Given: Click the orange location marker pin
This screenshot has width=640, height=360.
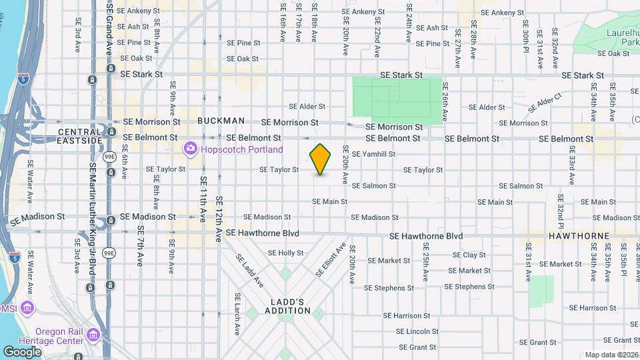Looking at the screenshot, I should coord(321,159).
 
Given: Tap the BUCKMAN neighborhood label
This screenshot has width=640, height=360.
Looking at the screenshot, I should coord(221,121).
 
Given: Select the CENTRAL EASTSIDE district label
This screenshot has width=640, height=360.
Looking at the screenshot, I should coord(80,137).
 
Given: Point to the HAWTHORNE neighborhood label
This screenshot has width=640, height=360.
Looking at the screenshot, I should coord(579,236).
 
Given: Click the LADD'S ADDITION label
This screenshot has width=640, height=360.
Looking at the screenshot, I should coord(287,306).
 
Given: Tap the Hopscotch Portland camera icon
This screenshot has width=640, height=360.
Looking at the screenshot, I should coord(191,149).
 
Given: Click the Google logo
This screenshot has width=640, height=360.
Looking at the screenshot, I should coord(23,351).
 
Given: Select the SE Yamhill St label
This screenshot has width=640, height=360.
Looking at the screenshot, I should coord(373,154).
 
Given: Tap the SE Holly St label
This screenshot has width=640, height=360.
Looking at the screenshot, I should coord(285,253).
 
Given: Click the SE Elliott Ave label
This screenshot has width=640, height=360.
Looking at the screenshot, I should coord(332,259).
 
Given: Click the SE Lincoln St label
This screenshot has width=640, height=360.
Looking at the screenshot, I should coord(417,331).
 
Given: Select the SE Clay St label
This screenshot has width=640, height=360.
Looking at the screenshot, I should coord(469,255).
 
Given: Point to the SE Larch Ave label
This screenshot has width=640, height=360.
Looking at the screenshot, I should coord(237,314).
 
